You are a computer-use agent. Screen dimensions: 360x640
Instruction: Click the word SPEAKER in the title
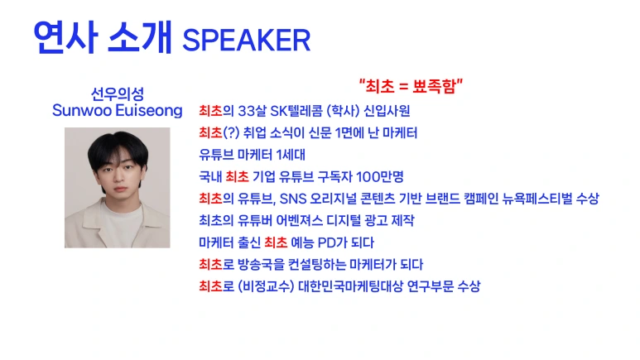click(246, 40)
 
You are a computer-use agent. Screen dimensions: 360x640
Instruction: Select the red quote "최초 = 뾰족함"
click(411, 86)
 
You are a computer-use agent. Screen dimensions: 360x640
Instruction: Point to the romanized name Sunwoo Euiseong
click(117, 111)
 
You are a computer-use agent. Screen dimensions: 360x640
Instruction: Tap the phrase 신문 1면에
click(344, 132)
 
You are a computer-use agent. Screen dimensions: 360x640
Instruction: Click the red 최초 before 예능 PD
click(276, 242)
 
